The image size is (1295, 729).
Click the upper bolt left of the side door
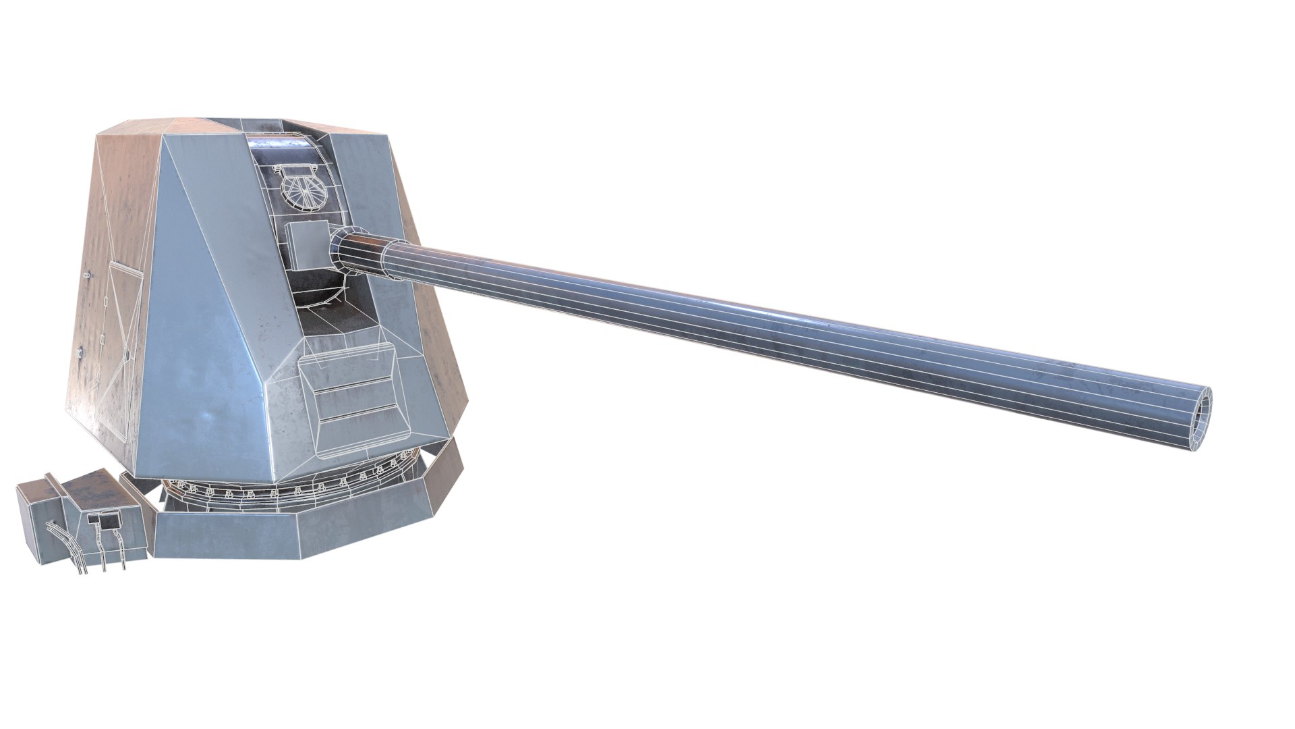[86, 275]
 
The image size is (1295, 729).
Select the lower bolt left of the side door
[80, 351]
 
